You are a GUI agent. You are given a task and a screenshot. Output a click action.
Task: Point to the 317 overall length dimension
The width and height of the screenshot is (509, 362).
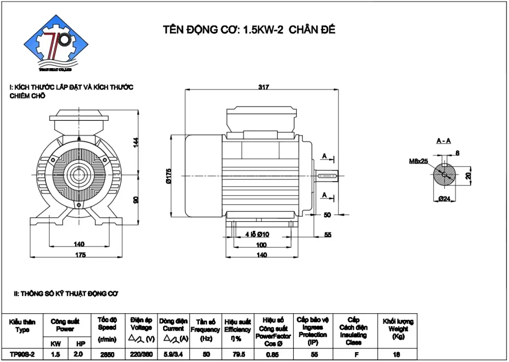tap(263, 87)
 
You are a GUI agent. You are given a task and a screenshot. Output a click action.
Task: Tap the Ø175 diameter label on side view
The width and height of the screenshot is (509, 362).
tap(169, 177)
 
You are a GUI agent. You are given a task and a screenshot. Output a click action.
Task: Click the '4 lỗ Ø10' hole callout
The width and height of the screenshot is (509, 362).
tap(257, 234)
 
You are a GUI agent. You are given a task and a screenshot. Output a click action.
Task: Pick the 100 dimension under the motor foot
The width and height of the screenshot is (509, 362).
tap(261, 245)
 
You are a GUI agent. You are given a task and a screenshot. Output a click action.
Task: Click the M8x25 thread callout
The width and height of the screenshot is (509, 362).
tap(418, 161)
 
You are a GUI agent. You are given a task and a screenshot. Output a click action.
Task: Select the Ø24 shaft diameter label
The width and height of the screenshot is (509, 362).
tap(444, 199)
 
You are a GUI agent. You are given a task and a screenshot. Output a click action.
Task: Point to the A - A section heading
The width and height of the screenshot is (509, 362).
tap(443, 141)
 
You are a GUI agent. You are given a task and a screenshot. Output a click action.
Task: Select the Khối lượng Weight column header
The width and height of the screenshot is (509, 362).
tap(398, 329)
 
